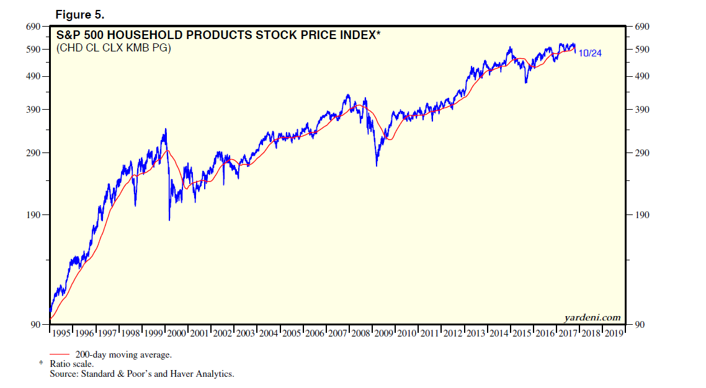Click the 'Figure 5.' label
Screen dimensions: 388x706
pyautogui.click(x=79, y=14)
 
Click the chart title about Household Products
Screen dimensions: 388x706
pyautogui.click(x=217, y=35)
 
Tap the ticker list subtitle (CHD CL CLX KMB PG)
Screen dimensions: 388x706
pyautogui.click(x=114, y=48)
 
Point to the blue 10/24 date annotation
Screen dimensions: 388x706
pyautogui.click(x=589, y=53)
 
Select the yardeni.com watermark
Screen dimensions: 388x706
pyautogui.click(x=592, y=317)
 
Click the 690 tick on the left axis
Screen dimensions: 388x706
pyautogui.click(x=33, y=27)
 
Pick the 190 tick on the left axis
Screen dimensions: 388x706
pyautogui.click(x=33, y=215)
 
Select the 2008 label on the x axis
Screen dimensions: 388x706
pyautogui.click(x=360, y=333)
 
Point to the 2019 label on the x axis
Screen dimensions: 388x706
pyautogui.click(x=614, y=333)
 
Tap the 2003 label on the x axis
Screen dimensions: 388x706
pyautogui.click(x=245, y=333)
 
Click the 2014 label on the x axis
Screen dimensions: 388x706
pyautogui.click(x=499, y=333)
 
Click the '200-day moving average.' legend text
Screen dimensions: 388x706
pyautogui.click(x=123, y=355)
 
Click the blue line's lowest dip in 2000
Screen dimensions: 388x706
pyautogui.click(x=169, y=219)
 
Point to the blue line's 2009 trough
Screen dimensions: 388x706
pyautogui.click(x=377, y=165)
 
